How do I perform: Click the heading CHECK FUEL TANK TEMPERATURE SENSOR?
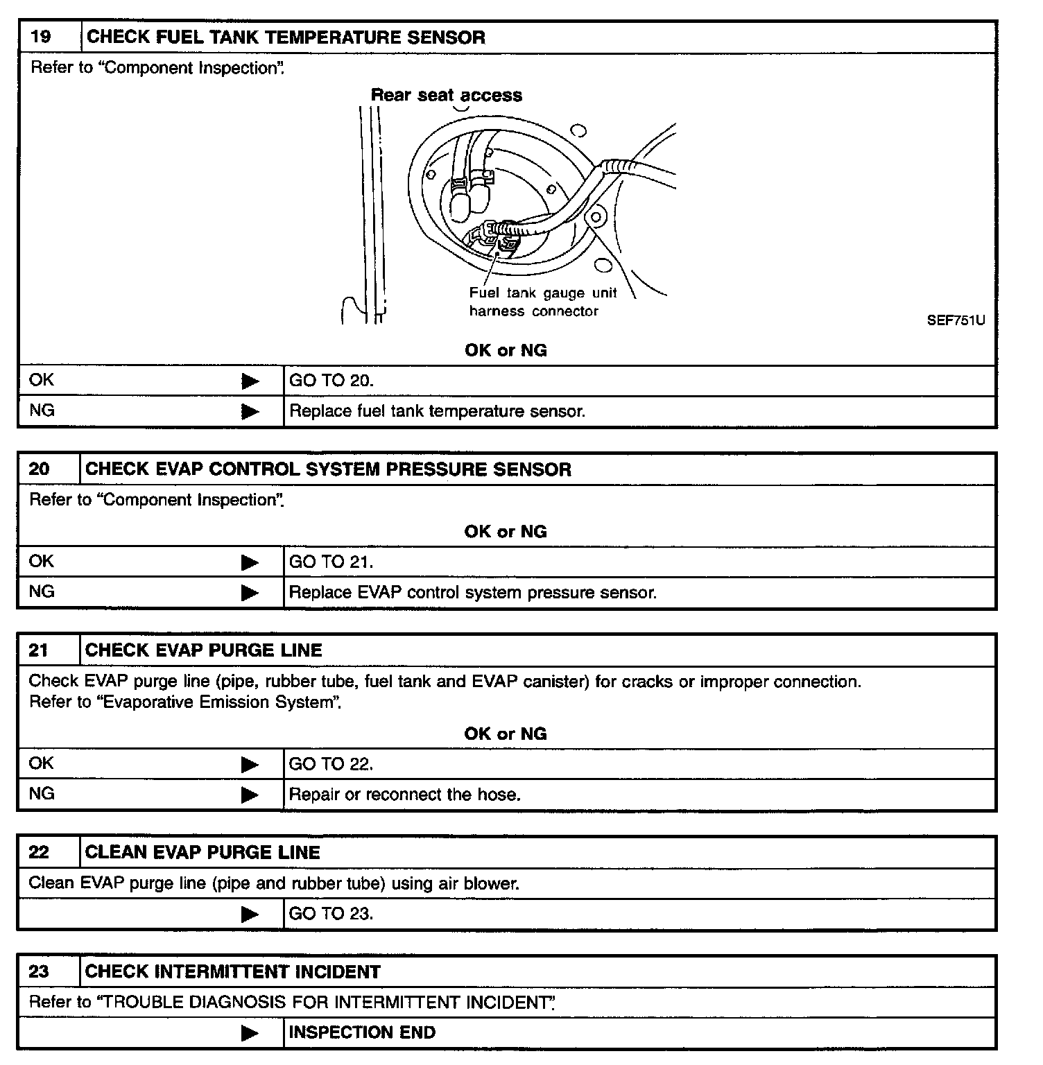coord(285,37)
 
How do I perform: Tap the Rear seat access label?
coord(446,95)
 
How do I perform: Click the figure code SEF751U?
coord(955,320)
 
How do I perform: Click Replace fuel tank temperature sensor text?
coord(437,411)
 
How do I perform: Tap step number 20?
coord(40,469)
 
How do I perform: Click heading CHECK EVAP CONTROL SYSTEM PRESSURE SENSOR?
coord(328,469)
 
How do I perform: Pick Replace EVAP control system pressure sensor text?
coord(472,593)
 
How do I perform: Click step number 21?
coord(39,650)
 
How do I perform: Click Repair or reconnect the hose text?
coord(404,795)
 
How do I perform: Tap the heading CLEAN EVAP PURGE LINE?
coord(202,852)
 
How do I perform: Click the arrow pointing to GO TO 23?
coord(250,915)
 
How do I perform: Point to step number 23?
coord(39,971)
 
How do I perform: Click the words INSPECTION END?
coord(362,1032)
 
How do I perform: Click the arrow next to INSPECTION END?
coord(250,1033)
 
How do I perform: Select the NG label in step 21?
coord(42,794)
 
